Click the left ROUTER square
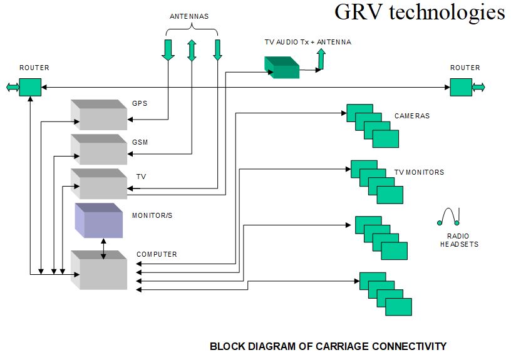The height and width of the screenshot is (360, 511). pyautogui.click(x=30, y=87)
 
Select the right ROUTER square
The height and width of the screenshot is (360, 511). pyautogui.click(x=461, y=87)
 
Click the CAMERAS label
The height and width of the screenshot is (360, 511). pyautogui.click(x=412, y=116)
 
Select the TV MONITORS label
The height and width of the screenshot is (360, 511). pyautogui.click(x=419, y=172)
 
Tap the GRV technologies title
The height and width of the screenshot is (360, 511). pyautogui.click(x=419, y=13)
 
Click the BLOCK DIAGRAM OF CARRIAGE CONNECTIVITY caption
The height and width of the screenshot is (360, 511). pyautogui.click(x=328, y=346)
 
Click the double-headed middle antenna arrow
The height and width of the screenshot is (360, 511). pyautogui.click(x=192, y=50)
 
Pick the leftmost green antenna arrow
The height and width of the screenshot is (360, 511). pyautogui.click(x=168, y=50)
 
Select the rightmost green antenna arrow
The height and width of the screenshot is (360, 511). pyautogui.click(x=217, y=50)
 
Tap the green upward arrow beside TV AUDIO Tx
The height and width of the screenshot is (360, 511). pyautogui.click(x=321, y=59)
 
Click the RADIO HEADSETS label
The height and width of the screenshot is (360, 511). pyautogui.click(x=459, y=240)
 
